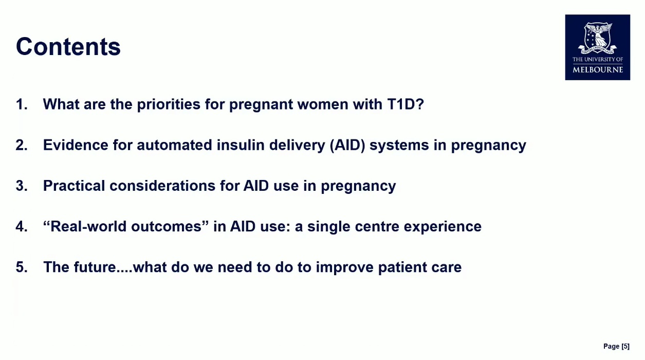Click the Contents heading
[x=68, y=47]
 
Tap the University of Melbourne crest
[x=598, y=39]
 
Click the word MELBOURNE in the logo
[x=598, y=70]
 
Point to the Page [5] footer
[x=617, y=346]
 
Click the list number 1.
[x=22, y=104]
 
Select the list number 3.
[x=22, y=186]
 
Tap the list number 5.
[x=22, y=267]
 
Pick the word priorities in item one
[x=169, y=104]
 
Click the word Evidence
[x=76, y=145]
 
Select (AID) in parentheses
[x=347, y=145]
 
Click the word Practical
[x=74, y=186]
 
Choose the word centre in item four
[x=377, y=227]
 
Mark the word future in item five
[x=95, y=267]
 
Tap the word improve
[x=345, y=268]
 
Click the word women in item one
[x=323, y=104]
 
